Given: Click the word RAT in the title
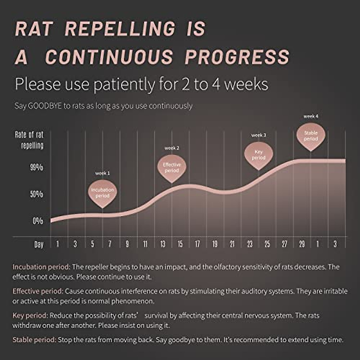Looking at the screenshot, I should point(34,29).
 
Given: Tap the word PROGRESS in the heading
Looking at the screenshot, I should point(237,57).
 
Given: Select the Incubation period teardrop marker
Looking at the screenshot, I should point(102,193).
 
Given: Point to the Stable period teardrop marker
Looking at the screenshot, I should point(311,136).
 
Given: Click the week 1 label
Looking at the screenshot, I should point(102,173).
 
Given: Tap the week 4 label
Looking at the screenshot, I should point(311,116).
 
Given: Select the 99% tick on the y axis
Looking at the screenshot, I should point(37,167).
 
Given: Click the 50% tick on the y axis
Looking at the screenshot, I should point(37,194).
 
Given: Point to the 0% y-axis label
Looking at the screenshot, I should point(38,221).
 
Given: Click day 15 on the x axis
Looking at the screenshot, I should point(180,244).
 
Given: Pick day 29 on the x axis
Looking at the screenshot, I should point(302,244).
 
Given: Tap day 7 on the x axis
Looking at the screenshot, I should point(110,244).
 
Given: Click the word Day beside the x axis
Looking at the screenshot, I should point(39,244).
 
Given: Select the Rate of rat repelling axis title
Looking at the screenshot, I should point(29,140).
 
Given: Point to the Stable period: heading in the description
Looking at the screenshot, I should point(34,340).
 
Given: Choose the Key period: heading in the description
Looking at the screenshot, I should point(30,316).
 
